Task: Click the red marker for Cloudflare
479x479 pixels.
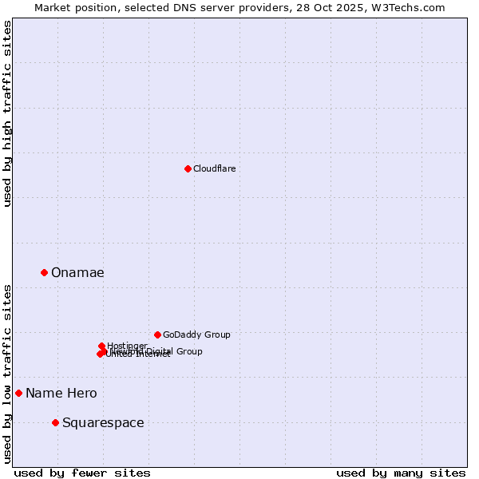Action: pyautogui.click(x=188, y=168)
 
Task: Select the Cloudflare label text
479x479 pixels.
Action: pyautogui.click(x=214, y=168)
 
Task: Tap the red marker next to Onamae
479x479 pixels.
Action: pyautogui.click(x=44, y=272)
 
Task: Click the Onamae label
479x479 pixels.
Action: pyautogui.click(x=77, y=272)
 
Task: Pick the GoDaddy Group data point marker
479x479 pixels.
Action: pyautogui.click(x=157, y=335)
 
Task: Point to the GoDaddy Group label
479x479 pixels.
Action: pyautogui.click(x=196, y=335)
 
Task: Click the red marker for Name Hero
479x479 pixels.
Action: pyautogui.click(x=18, y=393)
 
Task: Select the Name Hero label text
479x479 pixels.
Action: pyautogui.click(x=61, y=393)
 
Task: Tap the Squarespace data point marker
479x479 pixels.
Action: pyautogui.click(x=55, y=422)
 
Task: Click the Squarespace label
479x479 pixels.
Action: pyautogui.click(x=103, y=422)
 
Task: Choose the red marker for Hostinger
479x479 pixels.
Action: pyautogui.click(x=101, y=346)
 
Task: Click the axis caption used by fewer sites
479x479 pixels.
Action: pyautogui.click(x=82, y=473)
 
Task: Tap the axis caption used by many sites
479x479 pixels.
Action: pyautogui.click(x=401, y=473)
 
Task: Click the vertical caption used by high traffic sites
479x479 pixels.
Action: pyautogui.click(x=7, y=114)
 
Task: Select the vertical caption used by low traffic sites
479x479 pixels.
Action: pyautogui.click(x=7, y=373)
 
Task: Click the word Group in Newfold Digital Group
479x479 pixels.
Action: pyautogui.click(x=188, y=351)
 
